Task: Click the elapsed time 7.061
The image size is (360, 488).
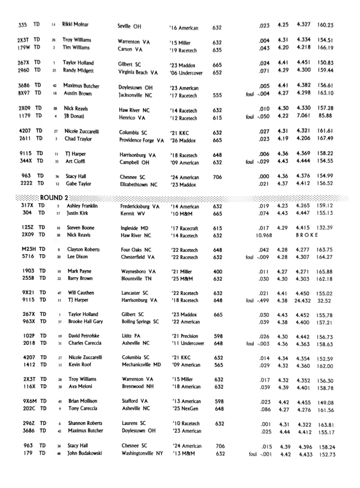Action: click(305, 116)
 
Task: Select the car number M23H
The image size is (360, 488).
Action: click(30, 250)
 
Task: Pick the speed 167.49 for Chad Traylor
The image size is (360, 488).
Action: click(325, 139)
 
